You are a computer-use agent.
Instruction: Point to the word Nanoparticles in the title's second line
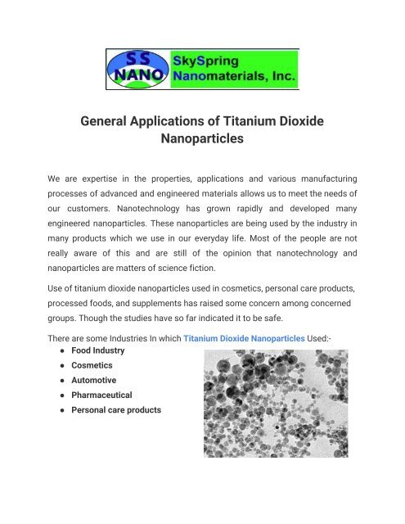pos(202,140)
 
